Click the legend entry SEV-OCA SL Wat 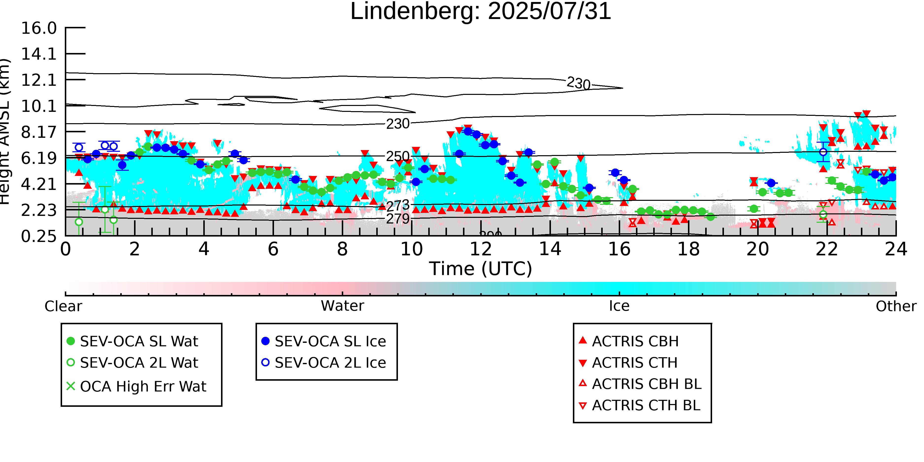139,341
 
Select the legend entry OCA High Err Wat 143,386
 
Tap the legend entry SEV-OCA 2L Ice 330,363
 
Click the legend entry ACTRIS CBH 635,341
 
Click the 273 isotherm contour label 398,205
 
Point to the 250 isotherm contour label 398,156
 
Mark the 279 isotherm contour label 398,219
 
